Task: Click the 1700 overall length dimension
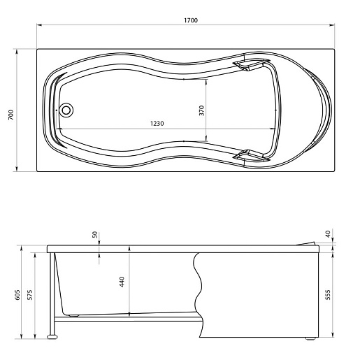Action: click(191, 20)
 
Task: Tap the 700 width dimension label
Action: click(11, 115)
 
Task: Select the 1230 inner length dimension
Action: click(157, 123)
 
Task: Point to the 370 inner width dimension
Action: click(202, 110)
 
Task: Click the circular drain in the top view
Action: click(66, 110)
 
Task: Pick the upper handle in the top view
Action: click(251, 64)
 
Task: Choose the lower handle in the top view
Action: click(251, 156)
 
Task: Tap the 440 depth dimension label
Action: click(122, 282)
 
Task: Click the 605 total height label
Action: click(17, 295)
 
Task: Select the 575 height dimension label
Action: click(30, 295)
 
